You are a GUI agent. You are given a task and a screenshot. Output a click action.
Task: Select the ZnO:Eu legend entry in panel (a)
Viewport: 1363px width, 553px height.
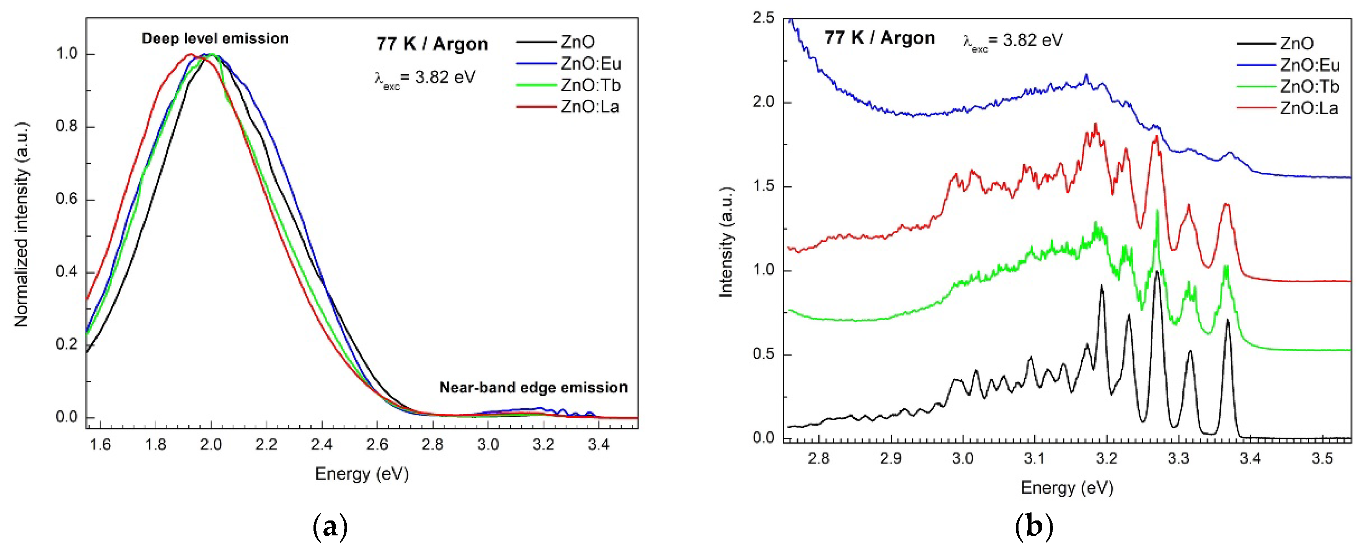591,64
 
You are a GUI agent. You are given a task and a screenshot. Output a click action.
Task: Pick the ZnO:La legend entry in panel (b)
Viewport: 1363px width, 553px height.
1309,108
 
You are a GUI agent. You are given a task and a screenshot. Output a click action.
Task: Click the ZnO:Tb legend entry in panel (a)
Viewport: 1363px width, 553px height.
591,85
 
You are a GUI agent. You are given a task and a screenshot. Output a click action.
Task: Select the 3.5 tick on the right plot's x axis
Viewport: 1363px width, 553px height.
1322,458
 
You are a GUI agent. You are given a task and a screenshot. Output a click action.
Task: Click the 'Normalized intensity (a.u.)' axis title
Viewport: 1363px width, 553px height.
21,225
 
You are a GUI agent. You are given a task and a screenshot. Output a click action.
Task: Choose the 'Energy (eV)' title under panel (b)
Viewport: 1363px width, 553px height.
1067,488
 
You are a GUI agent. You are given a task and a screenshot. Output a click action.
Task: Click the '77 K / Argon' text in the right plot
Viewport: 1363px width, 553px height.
880,38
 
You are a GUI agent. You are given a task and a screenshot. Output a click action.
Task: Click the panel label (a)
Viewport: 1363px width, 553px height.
330,527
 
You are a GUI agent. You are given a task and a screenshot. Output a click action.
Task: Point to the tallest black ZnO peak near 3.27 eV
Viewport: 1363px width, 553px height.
1157,271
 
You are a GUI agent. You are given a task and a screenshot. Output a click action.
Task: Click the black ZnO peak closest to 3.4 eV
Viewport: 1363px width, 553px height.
1228,320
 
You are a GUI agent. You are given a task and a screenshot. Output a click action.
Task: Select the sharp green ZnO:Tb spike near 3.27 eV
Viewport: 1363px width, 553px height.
1157,210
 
